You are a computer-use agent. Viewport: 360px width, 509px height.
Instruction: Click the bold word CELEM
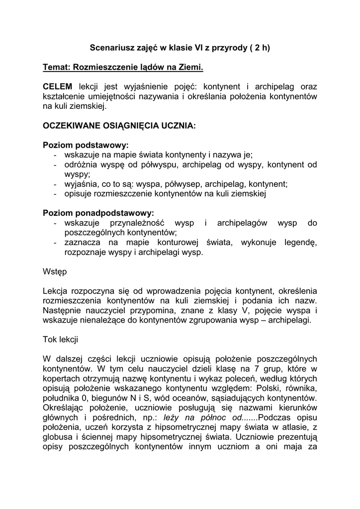tap(58, 86)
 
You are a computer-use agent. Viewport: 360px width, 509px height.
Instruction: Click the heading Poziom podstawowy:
tap(86, 145)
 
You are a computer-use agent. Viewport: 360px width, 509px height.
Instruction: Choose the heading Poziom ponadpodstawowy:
tap(98, 213)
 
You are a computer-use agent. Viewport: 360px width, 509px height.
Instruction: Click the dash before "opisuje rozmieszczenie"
tap(54, 193)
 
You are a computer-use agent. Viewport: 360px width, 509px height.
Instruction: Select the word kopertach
tap(62, 379)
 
